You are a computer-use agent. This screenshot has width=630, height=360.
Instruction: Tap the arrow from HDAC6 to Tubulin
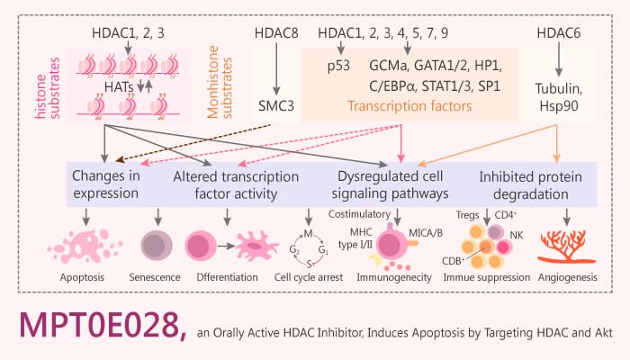pos(560,60)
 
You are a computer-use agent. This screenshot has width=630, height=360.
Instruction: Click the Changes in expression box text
pos(106,184)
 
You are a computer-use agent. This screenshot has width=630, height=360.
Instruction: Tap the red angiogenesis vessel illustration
pos(566,244)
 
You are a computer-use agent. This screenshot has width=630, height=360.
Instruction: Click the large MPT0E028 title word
pos(96,328)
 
